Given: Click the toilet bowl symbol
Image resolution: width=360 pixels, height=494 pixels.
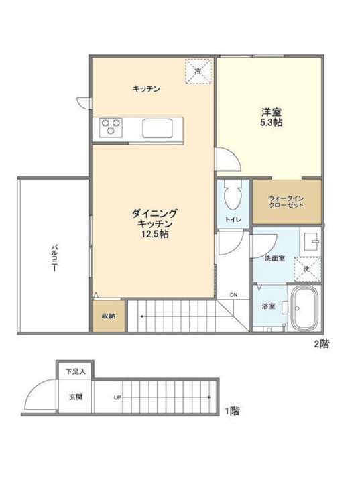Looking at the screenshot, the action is pos(233,195).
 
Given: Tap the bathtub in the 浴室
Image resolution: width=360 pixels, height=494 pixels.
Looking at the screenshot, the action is pos(304,308).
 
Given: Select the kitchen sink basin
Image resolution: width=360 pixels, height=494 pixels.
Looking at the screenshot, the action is pos(157,128).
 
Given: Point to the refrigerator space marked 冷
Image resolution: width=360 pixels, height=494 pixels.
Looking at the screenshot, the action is pos(198,71).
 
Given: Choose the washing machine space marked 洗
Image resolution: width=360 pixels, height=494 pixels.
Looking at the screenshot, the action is pos(307,269).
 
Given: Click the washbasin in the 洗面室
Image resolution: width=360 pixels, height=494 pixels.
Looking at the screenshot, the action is pos(310,241).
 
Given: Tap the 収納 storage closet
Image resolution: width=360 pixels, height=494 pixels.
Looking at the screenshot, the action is pos(109,316).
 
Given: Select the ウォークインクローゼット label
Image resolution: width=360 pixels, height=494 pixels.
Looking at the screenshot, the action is pos(286,202).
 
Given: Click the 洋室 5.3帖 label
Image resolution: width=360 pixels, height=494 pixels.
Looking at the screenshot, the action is pos(271,117).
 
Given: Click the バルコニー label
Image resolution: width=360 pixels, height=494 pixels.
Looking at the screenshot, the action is pos(54,257).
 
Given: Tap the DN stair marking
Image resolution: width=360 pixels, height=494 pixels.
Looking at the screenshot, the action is pos(233,295).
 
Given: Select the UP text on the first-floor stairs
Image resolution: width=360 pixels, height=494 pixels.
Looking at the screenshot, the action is pos(117,398).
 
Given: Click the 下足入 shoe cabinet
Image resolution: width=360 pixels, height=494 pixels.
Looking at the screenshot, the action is pos(75,371).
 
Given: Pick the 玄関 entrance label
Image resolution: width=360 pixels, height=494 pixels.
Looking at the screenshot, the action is pos(76,397).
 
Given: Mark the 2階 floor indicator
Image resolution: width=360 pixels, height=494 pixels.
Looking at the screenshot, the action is pos(321,344).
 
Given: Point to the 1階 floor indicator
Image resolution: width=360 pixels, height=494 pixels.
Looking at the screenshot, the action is pos(232,411).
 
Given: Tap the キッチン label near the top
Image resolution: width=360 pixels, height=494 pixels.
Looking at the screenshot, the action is pos(146,89).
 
